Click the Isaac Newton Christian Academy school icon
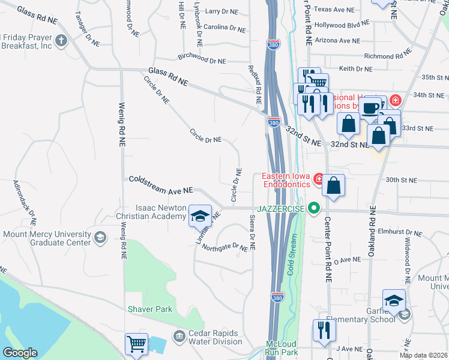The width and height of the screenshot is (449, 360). [x=200, y=215]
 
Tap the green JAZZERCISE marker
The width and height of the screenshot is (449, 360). [x=313, y=208]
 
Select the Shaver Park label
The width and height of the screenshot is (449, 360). [x=149, y=310]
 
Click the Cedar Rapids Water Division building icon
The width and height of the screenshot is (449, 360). [x=179, y=335]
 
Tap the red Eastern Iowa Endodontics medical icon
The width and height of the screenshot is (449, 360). [x=318, y=179]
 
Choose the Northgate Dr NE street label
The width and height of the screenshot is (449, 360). [x=224, y=247]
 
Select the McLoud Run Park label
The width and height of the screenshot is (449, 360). [x=282, y=348]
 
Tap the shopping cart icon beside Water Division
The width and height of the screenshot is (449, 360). [x=136, y=345]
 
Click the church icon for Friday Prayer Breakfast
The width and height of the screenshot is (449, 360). [x=60, y=41]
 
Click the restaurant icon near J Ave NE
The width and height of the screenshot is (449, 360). [x=324, y=330]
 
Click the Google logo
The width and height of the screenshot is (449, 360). [x=20, y=353]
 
